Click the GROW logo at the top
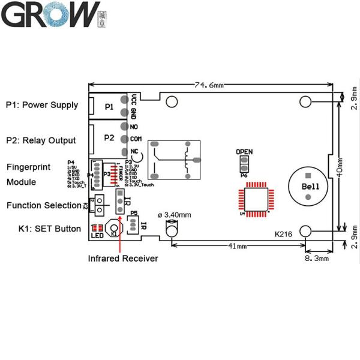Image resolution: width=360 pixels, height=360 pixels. pos(50,15)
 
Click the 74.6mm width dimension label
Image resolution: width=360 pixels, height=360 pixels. pos(209,85)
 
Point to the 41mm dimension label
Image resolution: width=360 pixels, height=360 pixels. pos(238,247)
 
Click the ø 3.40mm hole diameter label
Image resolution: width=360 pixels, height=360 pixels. pos(175,215)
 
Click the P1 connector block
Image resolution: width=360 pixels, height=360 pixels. pos(109,106)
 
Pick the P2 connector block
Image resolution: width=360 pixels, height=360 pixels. pos(109,137)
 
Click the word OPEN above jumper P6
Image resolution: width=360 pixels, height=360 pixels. pos(244,152)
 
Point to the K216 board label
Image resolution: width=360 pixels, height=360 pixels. pos(283,234)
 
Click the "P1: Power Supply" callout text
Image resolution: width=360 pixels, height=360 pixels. pos(42,105)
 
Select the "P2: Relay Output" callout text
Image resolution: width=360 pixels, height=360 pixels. pos(41,140)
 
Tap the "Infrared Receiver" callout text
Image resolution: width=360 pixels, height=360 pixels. pos(123,259)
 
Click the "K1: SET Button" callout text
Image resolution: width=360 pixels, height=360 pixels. pos(43,229)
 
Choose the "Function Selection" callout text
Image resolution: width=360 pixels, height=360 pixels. pos(44,205)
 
